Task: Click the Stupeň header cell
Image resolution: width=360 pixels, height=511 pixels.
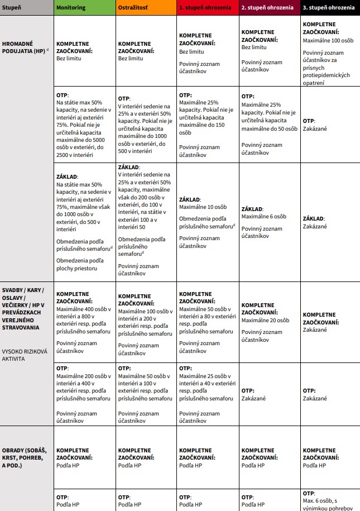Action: coord(13,8)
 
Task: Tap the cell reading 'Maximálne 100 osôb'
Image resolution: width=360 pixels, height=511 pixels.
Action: coord(329,41)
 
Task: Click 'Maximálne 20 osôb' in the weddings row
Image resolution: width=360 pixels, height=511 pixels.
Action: coord(265,321)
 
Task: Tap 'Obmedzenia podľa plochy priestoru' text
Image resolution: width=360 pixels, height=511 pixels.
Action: coord(80,264)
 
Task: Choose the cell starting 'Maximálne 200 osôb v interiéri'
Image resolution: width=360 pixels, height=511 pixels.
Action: coord(83,384)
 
